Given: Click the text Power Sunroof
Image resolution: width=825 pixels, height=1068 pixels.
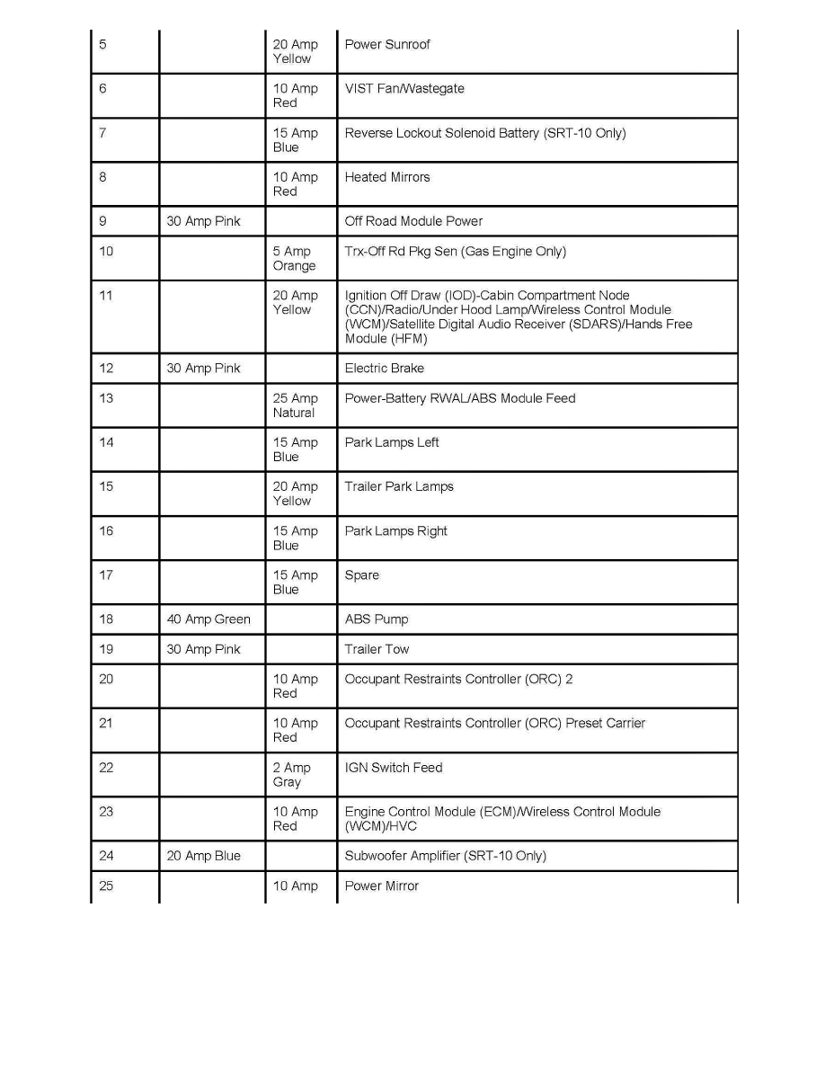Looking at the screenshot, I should [387, 44].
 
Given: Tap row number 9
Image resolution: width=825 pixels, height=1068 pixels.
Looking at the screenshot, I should [102, 221].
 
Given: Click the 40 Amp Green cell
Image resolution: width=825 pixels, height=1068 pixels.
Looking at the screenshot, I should [208, 619].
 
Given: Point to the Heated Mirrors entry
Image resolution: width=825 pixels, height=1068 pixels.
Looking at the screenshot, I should [387, 177].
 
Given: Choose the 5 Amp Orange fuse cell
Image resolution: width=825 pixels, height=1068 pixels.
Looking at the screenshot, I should [295, 259].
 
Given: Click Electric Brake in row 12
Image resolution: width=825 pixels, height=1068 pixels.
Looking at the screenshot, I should [385, 369].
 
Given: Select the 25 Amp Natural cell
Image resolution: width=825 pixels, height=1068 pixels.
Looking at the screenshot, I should [295, 405].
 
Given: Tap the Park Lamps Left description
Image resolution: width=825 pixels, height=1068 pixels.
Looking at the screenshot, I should [392, 442].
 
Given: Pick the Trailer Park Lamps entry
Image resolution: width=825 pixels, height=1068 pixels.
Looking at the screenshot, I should [399, 486].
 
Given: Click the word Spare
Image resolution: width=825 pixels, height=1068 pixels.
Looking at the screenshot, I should [362, 575].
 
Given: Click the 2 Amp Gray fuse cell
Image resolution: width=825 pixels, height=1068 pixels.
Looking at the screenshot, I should [292, 775].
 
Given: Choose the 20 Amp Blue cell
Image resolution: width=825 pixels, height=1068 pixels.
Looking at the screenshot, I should [204, 856].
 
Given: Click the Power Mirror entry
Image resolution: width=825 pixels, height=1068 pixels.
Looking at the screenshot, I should [382, 886].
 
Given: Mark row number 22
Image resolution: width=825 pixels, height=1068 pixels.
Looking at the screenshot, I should [106, 768].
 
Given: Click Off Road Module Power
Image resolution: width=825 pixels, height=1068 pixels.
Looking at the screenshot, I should [413, 221].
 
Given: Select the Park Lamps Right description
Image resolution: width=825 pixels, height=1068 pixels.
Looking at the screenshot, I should [396, 531].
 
